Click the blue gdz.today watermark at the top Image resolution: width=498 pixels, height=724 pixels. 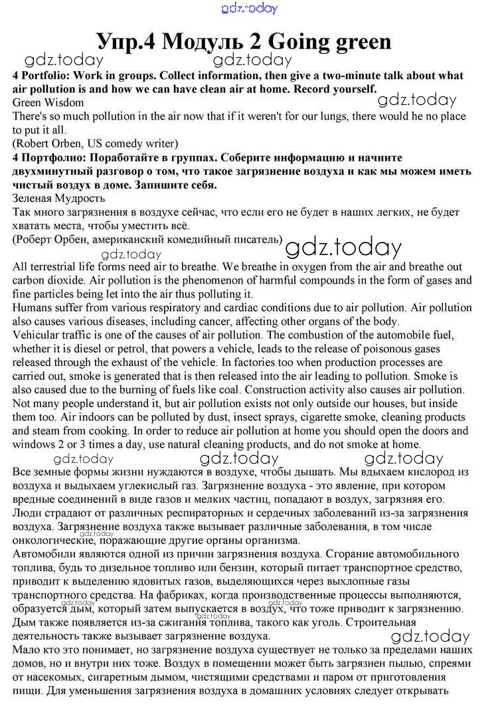click(249, 9)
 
